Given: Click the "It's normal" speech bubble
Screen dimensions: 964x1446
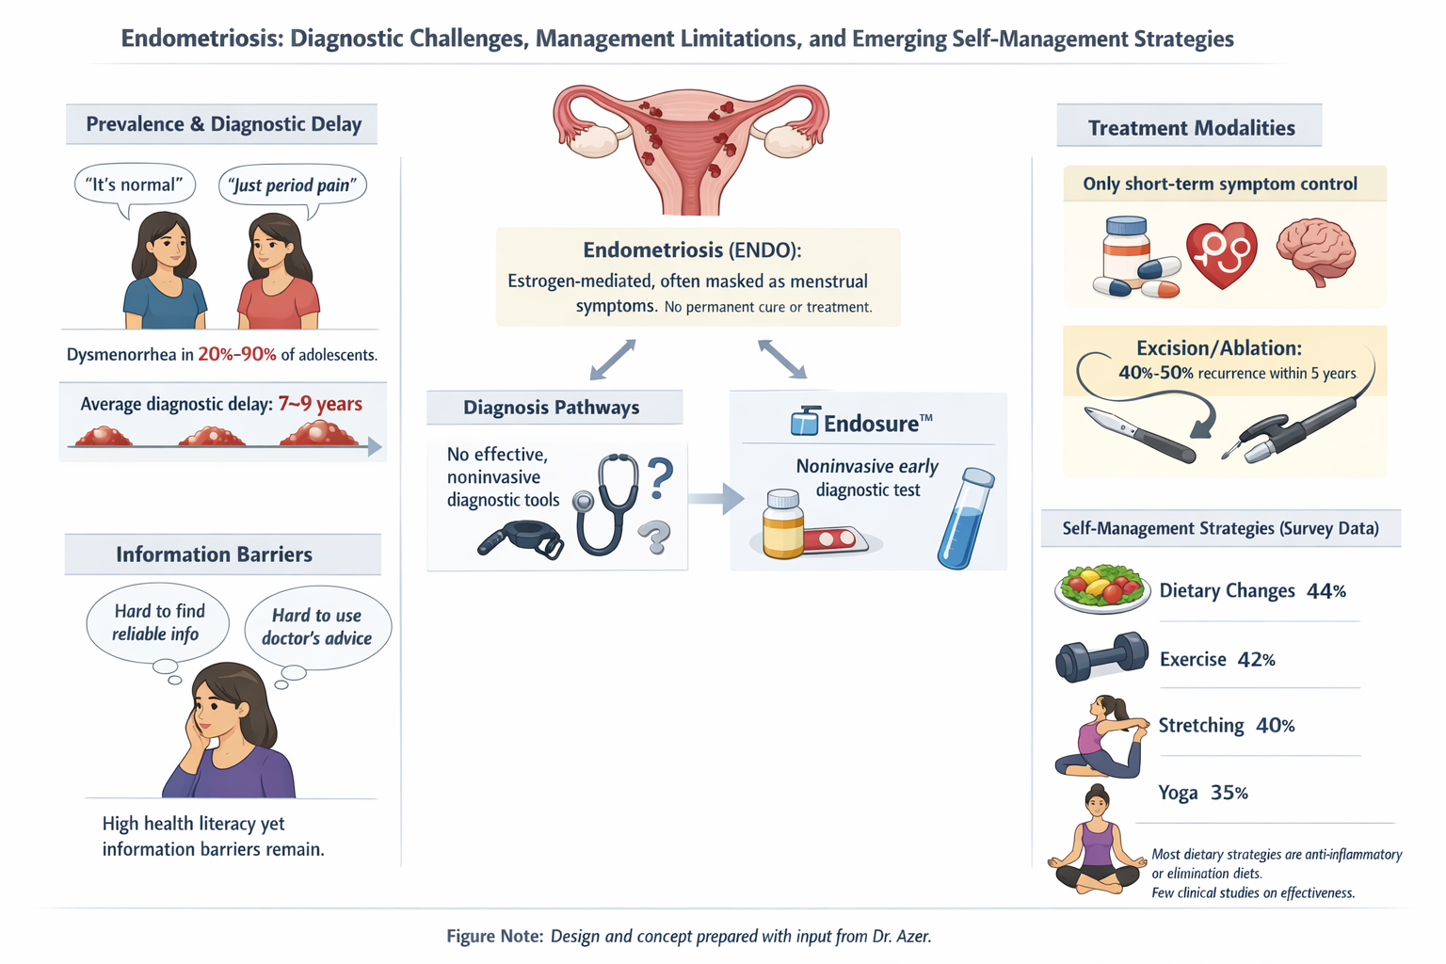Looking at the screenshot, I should point(135,185).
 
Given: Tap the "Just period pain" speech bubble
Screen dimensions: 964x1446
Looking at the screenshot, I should point(293,185).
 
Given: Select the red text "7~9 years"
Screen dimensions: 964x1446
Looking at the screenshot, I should point(320,404).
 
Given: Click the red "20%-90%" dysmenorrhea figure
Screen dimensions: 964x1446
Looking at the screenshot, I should point(237,355).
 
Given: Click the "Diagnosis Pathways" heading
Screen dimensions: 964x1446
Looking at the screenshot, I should point(552,408).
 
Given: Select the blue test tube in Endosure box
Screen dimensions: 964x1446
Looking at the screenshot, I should point(966,519).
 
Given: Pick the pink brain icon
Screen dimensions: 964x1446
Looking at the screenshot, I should point(1316,250).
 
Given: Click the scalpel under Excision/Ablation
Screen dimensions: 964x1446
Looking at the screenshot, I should point(1139,435).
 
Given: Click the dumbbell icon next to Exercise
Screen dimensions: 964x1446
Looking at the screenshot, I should point(1101,657).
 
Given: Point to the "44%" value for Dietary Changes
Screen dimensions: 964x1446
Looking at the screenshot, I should point(1326,591).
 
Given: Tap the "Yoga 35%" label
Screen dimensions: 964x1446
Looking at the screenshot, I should point(1203,793).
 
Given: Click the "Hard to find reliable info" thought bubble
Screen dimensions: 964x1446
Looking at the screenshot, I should point(157,623).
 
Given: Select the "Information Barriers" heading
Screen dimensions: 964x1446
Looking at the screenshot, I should point(215,554).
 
